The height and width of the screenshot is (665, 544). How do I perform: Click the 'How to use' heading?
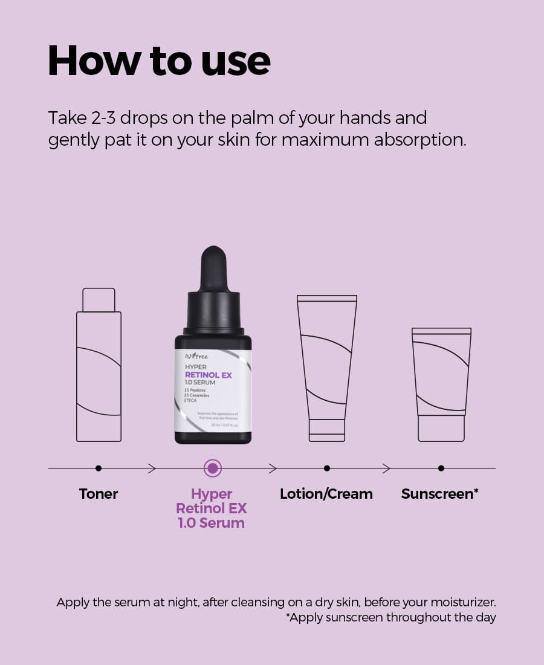[x=158, y=60]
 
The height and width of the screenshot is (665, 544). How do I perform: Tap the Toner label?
[x=99, y=494]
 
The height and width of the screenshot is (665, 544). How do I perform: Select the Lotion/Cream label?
[x=326, y=494]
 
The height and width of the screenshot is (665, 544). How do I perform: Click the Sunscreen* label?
[x=440, y=494]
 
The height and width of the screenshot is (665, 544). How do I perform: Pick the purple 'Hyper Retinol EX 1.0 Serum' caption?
[x=212, y=508]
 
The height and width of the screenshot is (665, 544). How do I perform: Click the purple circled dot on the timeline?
[x=212, y=468]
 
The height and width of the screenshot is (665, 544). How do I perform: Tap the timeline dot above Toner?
[x=99, y=468]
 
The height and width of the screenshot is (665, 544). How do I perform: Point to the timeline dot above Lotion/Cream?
[x=326, y=468]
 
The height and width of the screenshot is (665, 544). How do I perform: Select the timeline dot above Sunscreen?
[x=441, y=468]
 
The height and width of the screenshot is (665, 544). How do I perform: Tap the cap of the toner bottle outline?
[x=99, y=300]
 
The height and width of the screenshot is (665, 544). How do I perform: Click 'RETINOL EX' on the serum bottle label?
[x=208, y=375]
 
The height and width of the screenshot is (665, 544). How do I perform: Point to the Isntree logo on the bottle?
[x=195, y=356]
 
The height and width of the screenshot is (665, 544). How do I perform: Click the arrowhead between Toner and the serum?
[x=152, y=468]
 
